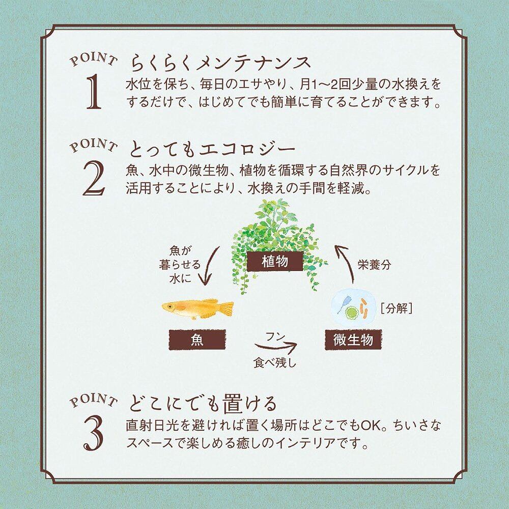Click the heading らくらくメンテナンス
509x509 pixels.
pyautogui.click(x=221, y=63)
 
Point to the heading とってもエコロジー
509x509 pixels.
pyautogui.click(x=213, y=149)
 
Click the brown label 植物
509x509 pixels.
pyautogui.click(x=275, y=262)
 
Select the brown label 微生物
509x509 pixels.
pyautogui.click(x=353, y=340)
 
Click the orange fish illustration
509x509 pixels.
pyautogui.click(x=197, y=308)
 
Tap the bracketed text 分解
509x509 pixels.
pyautogui.click(x=397, y=308)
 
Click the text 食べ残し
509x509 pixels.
pyautogui.click(x=275, y=363)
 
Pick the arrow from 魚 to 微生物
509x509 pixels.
pyautogui.click(x=277, y=349)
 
